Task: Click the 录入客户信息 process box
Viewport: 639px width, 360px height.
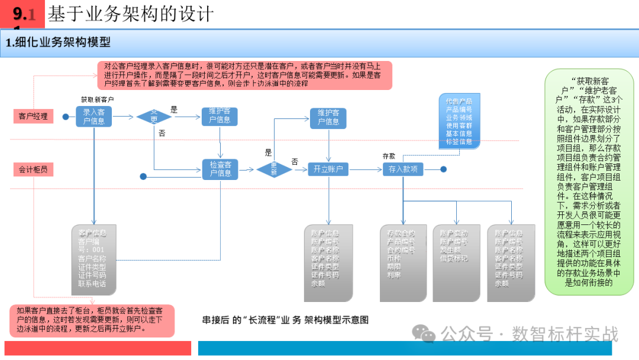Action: tap(93, 117)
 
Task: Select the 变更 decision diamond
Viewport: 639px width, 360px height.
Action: tap(154, 117)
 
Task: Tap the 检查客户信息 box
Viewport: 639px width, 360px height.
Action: tap(220, 169)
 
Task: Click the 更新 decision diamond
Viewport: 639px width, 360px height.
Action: tap(274, 169)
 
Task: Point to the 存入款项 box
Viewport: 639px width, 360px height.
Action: tap(403, 169)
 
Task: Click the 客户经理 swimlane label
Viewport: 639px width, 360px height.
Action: tap(33, 116)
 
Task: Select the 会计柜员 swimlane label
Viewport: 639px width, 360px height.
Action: tap(33, 169)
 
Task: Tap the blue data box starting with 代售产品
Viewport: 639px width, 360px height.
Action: tap(459, 121)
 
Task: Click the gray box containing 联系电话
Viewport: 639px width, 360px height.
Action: tap(94, 261)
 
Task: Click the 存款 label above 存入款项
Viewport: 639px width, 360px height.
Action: tap(389, 156)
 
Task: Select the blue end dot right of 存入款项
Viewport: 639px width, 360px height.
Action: tap(443, 169)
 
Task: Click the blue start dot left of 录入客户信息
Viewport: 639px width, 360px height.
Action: tap(66, 117)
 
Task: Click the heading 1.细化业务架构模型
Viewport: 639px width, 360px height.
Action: tap(58, 43)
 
